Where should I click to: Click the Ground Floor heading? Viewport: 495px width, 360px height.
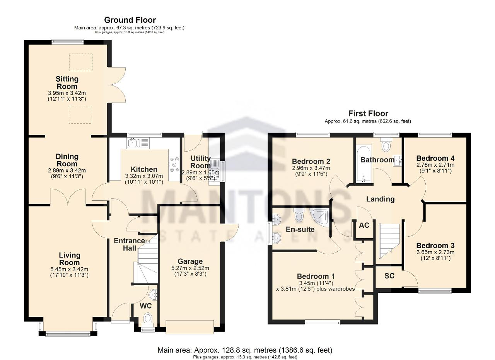(130, 20)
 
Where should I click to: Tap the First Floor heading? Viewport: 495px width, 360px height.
(368, 114)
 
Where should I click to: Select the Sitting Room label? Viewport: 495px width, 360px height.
(67, 83)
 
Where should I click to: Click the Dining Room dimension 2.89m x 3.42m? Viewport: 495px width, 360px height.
(67, 171)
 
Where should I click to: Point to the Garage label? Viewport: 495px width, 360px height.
(190, 261)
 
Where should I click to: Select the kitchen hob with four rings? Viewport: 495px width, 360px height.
(174, 164)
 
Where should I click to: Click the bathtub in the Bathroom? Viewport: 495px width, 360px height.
(364, 164)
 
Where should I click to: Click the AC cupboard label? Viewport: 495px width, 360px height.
(364, 225)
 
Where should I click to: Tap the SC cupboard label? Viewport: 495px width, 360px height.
(389, 276)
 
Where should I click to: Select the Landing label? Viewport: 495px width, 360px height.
(380, 199)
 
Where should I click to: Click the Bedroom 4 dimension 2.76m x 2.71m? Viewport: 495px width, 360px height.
(435, 165)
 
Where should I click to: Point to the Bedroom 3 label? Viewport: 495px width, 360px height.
(435, 246)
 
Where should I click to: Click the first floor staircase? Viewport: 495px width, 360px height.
(389, 241)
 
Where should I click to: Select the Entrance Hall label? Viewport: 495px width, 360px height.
(129, 244)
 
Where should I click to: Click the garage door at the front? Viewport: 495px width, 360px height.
(190, 327)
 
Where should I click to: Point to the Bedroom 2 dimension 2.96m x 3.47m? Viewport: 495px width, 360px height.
(311, 168)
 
